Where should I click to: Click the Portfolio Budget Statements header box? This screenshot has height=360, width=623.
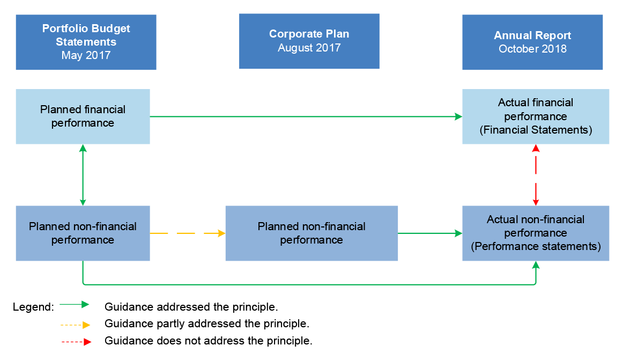pyautogui.click(x=86, y=42)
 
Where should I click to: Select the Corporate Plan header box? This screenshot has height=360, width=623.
pyautogui.click(x=309, y=41)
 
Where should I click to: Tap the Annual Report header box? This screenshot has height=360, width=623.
pyautogui.click(x=532, y=42)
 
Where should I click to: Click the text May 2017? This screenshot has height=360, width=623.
pyautogui.click(x=86, y=55)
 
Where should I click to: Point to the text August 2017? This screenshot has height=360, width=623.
pyautogui.click(x=309, y=48)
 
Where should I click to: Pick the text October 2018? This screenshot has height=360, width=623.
pyautogui.click(x=532, y=49)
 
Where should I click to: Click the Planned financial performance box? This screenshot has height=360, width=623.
pyautogui.click(x=83, y=116)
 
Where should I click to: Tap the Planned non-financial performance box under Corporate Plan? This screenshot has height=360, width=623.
pyautogui.click(x=311, y=233)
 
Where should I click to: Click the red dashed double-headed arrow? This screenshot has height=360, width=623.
pyautogui.click(x=535, y=175)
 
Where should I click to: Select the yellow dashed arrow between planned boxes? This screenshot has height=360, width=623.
pyautogui.click(x=187, y=233)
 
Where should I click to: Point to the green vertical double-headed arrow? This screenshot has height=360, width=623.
pyautogui.click(x=83, y=175)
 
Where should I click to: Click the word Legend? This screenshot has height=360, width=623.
pyautogui.click(x=33, y=307)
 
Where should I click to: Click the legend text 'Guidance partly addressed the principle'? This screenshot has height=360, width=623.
pyautogui.click(x=207, y=324)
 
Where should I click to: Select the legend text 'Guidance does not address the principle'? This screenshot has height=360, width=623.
pyautogui.click(x=208, y=341)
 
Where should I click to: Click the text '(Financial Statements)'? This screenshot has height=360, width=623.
pyautogui.click(x=535, y=130)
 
